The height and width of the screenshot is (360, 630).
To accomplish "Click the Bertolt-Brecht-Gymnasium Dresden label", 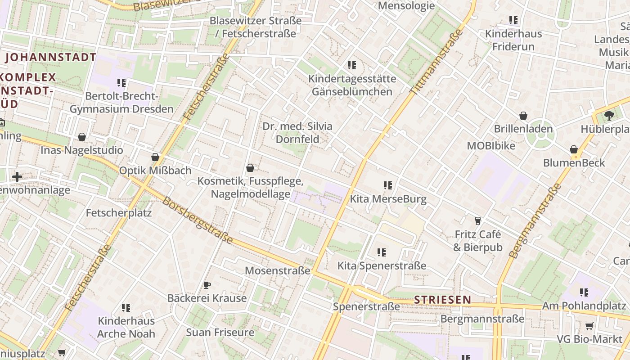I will pos(121,103).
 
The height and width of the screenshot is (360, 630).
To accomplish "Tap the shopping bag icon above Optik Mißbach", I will pos(155,157).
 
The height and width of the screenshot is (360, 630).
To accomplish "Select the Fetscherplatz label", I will pos(119,213).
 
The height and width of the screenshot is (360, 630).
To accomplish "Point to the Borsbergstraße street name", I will pos(198,220).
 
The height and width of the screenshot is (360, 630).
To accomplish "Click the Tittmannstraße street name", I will pos(436,62).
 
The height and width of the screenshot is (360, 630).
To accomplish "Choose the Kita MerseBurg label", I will pos(388,199).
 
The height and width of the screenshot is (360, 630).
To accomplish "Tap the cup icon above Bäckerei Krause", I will pos(207,285).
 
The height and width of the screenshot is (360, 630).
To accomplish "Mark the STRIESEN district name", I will pos(443,300).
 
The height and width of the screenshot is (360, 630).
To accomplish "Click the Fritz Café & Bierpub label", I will pos(477,241).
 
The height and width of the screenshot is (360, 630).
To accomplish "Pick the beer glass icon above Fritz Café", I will pos(478,220).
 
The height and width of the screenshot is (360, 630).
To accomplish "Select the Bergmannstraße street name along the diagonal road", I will pos(535,220).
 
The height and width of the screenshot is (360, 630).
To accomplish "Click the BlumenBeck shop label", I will pos(574,163).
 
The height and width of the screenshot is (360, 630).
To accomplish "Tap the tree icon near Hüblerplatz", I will pos(609,116).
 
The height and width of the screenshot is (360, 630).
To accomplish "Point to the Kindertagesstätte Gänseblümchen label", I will pos(352,85).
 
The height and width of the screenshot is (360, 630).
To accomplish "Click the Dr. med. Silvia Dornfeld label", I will pos(297,133).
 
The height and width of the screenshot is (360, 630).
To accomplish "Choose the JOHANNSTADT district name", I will pos(50,57).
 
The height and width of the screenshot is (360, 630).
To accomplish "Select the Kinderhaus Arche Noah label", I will pos(126,328).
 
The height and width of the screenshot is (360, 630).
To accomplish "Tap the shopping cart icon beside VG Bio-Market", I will pos(589,326).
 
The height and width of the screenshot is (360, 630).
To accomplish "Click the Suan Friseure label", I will pos(220,333).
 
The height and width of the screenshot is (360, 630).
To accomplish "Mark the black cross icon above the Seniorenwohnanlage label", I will pos(17,177).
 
